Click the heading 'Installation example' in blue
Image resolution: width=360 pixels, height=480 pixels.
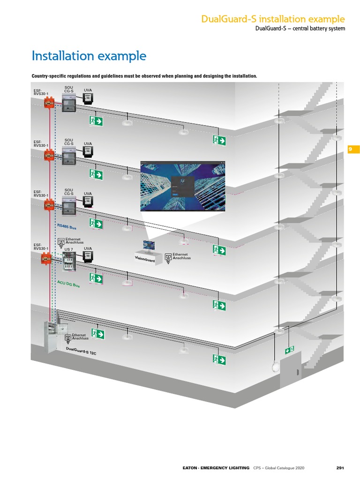click(89, 56)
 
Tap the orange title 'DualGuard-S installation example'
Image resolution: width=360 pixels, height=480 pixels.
click(273, 19)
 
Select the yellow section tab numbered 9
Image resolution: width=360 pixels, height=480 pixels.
click(353, 150)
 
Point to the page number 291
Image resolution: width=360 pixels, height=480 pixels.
click(340, 467)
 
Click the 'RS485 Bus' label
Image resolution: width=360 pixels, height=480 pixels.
click(67, 227)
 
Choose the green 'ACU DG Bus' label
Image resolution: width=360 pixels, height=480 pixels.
click(68, 284)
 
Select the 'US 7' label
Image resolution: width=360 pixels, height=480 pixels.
click(68, 249)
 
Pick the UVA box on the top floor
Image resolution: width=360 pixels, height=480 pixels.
click(88, 98)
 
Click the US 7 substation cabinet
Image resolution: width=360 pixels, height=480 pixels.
click(69, 262)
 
